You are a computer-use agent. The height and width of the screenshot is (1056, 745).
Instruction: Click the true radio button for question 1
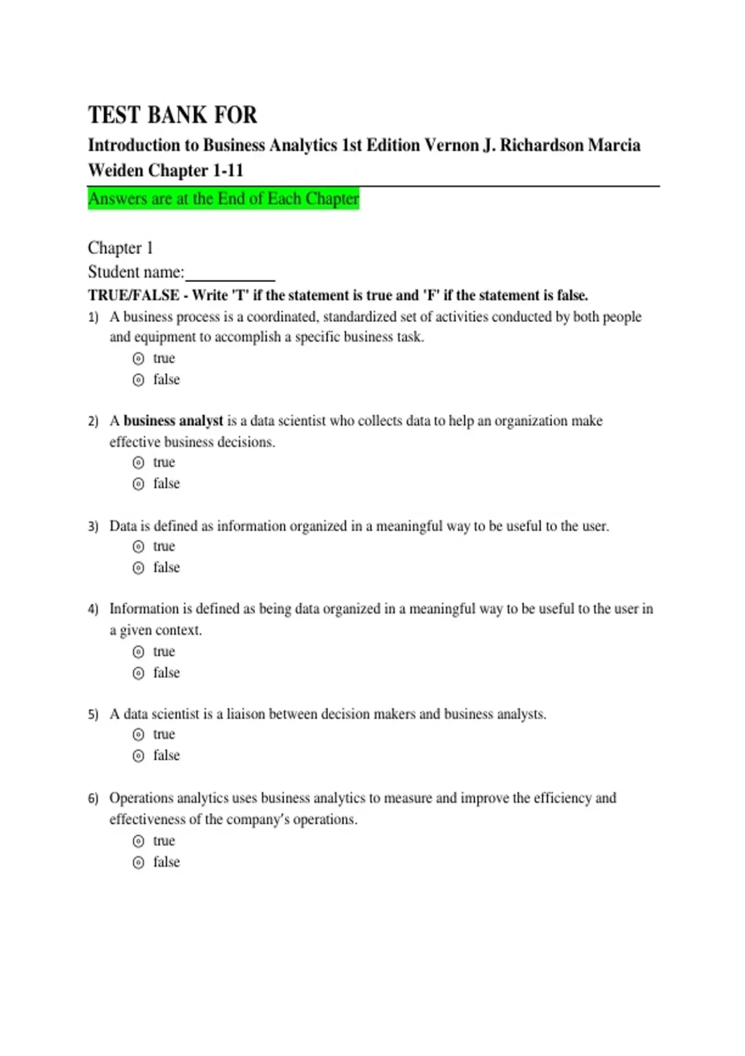(x=138, y=358)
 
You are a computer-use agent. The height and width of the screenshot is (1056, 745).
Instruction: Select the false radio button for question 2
(x=138, y=484)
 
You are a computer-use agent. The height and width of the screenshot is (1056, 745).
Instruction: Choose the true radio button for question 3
(x=138, y=547)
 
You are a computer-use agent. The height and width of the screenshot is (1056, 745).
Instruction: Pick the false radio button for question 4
(x=138, y=673)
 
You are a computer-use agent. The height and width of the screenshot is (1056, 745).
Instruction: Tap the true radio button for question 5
(x=138, y=735)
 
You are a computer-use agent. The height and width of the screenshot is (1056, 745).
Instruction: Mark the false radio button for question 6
(x=138, y=863)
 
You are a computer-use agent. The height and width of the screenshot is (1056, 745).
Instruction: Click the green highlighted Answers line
(x=223, y=199)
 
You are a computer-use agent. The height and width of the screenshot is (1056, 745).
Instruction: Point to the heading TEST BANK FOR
(x=173, y=115)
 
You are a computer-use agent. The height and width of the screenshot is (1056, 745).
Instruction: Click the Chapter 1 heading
(x=120, y=248)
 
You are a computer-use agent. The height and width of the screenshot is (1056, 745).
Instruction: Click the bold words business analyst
(x=173, y=421)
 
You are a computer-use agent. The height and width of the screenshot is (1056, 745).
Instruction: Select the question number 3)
(x=93, y=527)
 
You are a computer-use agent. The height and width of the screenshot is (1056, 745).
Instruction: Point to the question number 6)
(x=93, y=798)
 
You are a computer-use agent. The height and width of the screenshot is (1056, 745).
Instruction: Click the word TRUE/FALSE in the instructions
(x=133, y=295)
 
